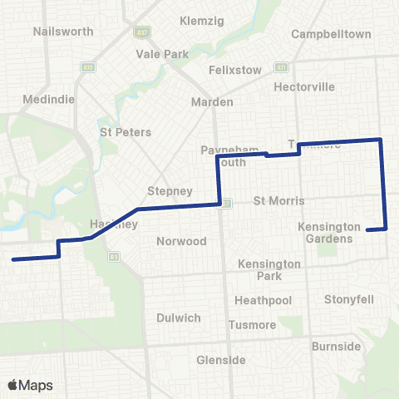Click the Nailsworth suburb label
(x=55, y=32)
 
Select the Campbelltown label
(x=331, y=35)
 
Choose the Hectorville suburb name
(x=306, y=86)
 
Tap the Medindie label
(x=54, y=98)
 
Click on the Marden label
(x=213, y=101)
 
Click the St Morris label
(x=279, y=201)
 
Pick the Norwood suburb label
(x=181, y=241)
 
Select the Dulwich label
(x=178, y=318)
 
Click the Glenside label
(x=221, y=360)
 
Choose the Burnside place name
(x=337, y=346)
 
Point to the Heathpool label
(x=263, y=299)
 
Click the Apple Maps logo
(x=30, y=385)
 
